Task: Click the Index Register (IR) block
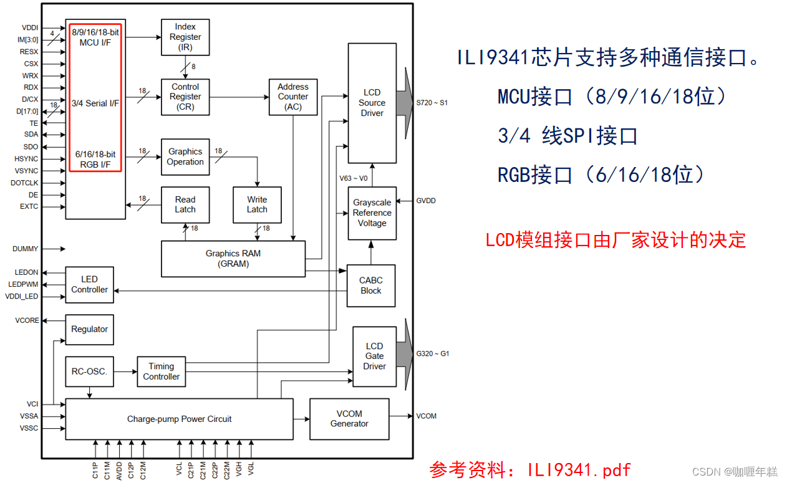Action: point(185,37)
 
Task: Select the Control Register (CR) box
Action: point(185,97)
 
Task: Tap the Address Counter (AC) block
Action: point(293,97)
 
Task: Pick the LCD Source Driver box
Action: point(372,103)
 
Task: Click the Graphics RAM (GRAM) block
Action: point(233,259)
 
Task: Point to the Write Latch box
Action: point(257,205)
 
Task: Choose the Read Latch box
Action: point(185,205)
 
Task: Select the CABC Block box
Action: point(371,285)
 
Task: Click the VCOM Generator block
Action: point(349,419)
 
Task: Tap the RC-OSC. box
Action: point(89,371)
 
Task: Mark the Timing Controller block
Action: point(162,371)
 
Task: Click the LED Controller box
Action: point(89,285)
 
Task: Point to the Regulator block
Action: point(89,329)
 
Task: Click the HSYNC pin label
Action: point(26,159)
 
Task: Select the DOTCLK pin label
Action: point(25,183)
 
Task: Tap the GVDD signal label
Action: point(426,201)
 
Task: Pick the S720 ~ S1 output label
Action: point(432,102)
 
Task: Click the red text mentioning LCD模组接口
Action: point(616,240)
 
